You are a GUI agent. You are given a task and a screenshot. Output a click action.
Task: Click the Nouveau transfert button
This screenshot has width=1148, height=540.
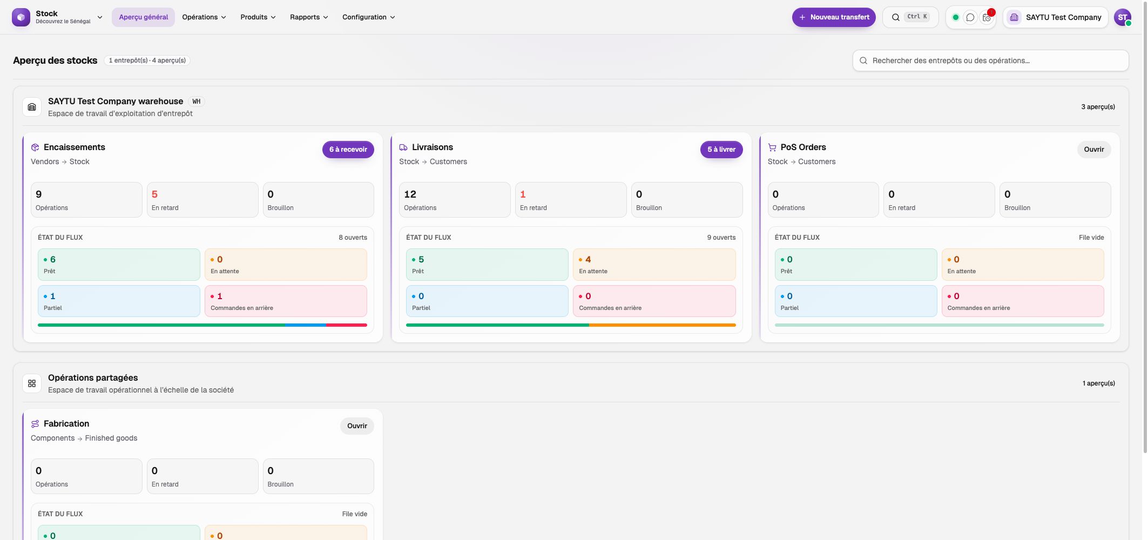pyautogui.click(x=833, y=17)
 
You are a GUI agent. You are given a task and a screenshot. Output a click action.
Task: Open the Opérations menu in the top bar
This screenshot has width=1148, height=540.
pyautogui.click(x=204, y=17)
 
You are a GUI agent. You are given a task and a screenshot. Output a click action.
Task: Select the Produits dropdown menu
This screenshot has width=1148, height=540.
pyautogui.click(x=258, y=17)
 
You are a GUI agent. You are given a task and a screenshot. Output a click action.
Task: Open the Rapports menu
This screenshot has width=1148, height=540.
pyautogui.click(x=309, y=17)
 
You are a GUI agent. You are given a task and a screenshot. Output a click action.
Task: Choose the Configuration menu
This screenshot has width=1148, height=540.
pyautogui.click(x=369, y=17)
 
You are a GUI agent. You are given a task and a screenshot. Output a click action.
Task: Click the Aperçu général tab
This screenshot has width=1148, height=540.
pyautogui.click(x=143, y=17)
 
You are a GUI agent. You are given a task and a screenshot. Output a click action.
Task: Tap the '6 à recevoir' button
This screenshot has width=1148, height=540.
pyautogui.click(x=348, y=150)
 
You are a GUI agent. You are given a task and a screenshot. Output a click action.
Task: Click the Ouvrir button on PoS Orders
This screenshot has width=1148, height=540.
pyautogui.click(x=1094, y=150)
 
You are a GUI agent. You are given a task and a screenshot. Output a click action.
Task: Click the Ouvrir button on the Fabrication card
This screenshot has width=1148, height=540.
pyautogui.click(x=357, y=426)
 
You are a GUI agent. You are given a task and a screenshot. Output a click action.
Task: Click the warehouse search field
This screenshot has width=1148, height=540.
pyautogui.click(x=990, y=60)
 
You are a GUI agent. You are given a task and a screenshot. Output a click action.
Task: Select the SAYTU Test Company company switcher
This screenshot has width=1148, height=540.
pyautogui.click(x=1055, y=17)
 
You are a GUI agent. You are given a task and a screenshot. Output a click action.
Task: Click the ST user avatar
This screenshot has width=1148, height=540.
pyautogui.click(x=1122, y=17)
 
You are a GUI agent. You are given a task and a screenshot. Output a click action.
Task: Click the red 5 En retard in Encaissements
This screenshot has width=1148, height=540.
pyautogui.click(x=202, y=200)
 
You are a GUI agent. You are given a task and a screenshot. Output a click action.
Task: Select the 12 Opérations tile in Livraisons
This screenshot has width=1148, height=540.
pyautogui.click(x=455, y=200)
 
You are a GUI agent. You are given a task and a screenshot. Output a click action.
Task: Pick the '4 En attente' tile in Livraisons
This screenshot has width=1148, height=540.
pyautogui.click(x=654, y=265)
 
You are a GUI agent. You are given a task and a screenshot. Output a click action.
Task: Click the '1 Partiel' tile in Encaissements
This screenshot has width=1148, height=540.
pyautogui.click(x=119, y=301)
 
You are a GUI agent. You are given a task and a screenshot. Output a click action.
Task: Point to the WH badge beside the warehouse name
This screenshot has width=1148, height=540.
pyautogui.click(x=197, y=102)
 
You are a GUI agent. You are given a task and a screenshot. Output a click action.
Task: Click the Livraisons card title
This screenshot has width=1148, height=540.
pyautogui.click(x=433, y=147)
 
